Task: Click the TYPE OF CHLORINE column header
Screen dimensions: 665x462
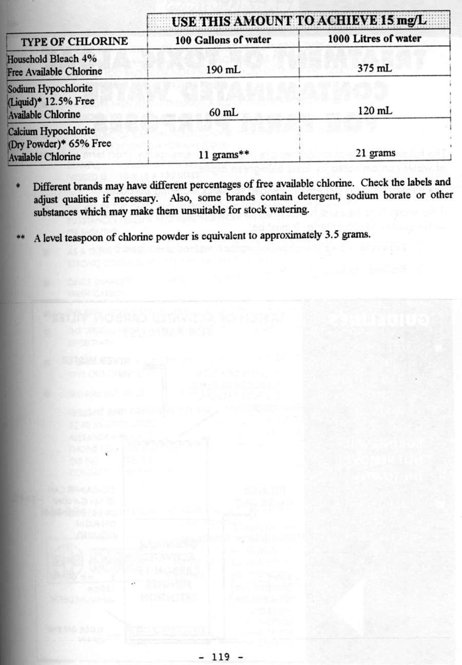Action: click(74, 41)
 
